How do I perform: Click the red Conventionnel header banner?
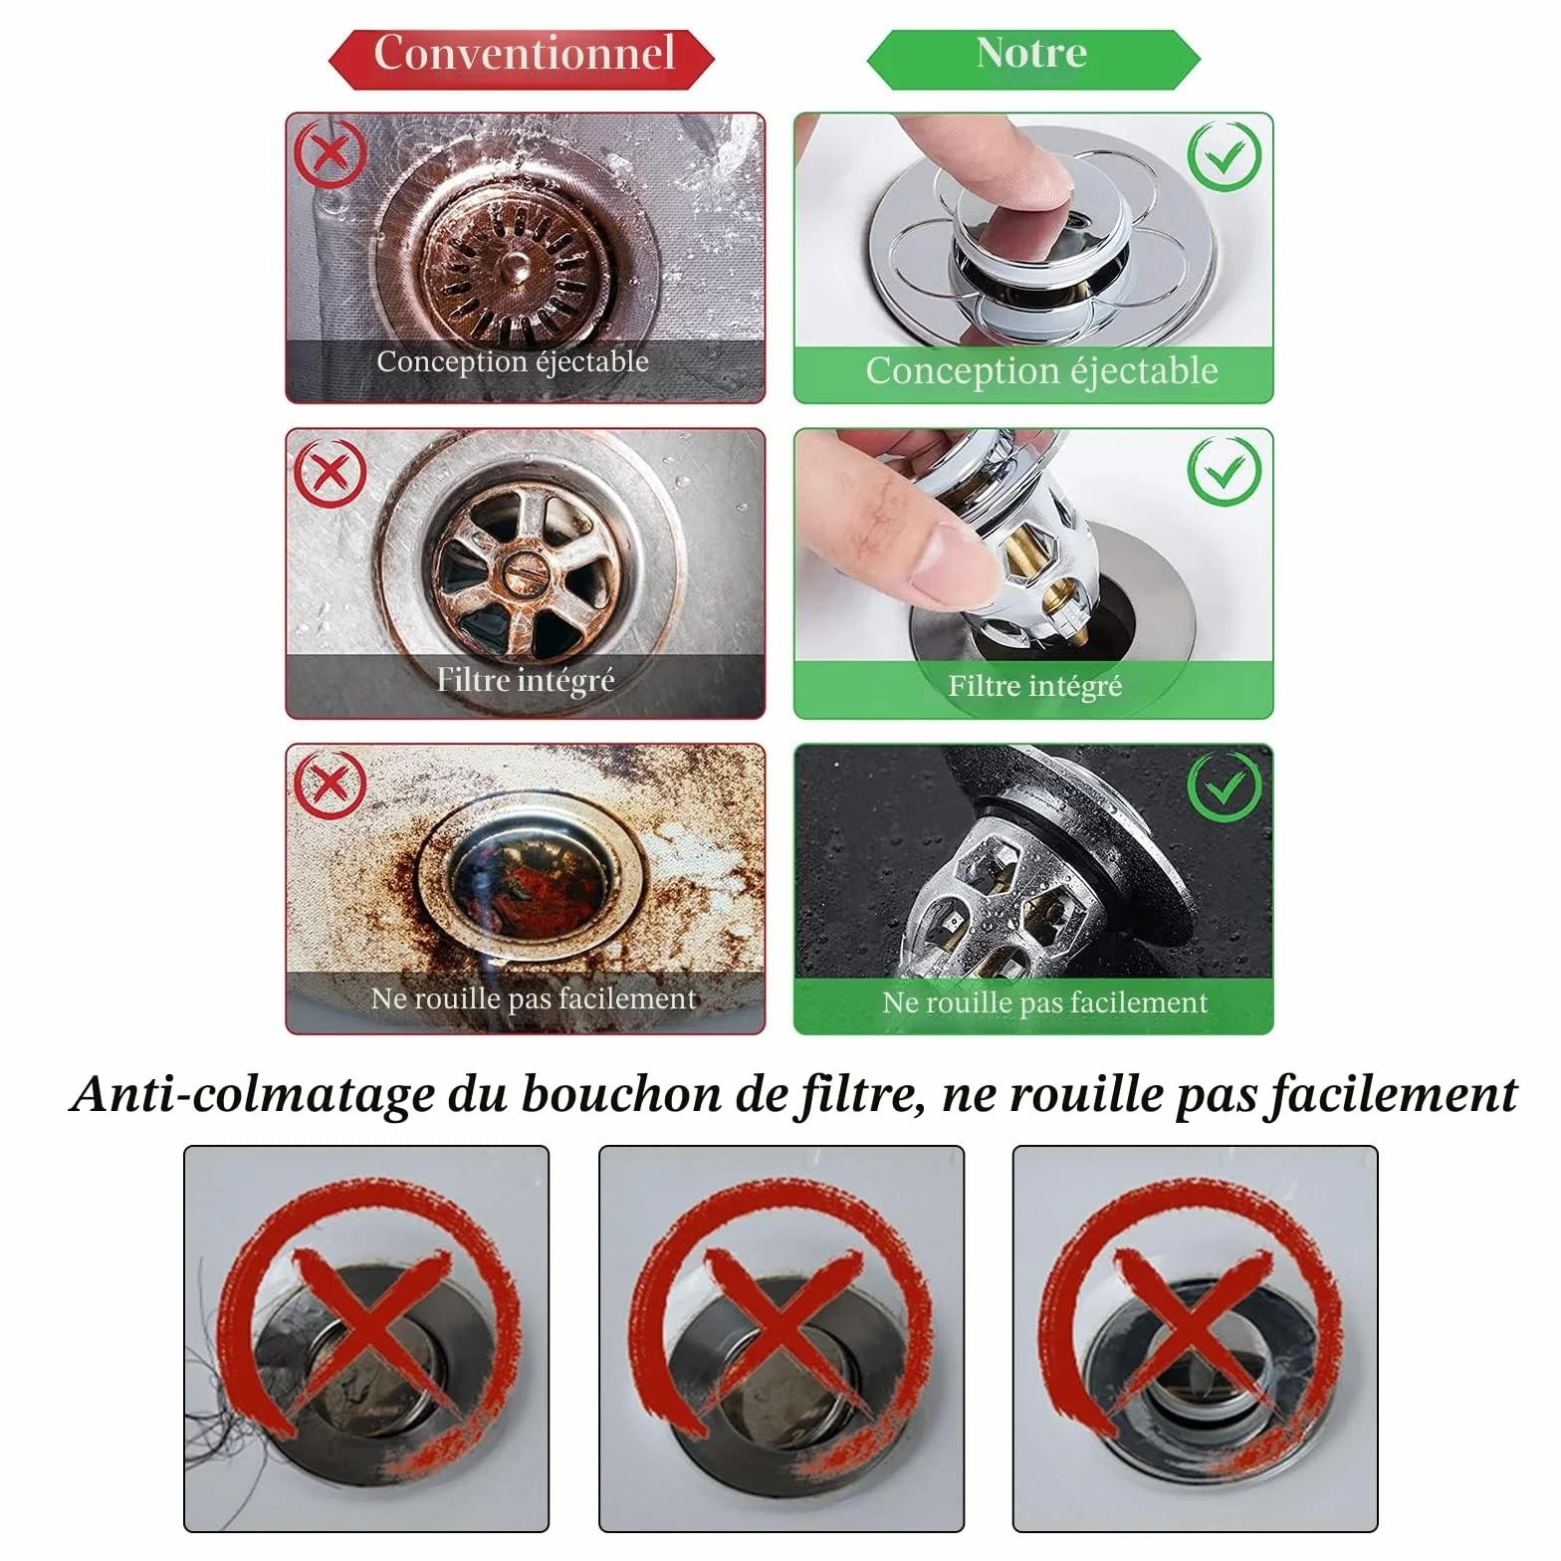pos(522,58)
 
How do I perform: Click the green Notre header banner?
pos(1033,58)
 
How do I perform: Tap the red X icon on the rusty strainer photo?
pos(331,153)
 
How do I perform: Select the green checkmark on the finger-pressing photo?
pos(1226,156)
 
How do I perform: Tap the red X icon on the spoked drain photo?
pos(331,471)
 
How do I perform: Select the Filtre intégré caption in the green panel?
pos(1035,686)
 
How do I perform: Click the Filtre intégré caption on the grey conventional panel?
pos(526,680)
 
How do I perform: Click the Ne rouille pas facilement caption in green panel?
pos(1044,1002)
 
